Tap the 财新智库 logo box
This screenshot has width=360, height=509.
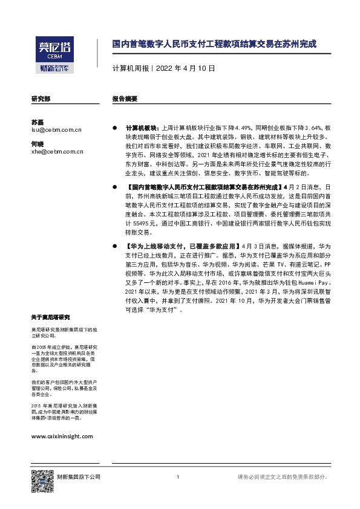pos(53,68)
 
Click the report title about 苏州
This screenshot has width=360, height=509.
pos(214,45)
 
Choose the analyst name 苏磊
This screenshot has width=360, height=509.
pos(38,121)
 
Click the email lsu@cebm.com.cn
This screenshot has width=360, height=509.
pos(56,129)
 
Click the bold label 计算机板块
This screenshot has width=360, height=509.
pos(139,128)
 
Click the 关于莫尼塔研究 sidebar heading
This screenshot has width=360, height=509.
pos(51,318)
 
